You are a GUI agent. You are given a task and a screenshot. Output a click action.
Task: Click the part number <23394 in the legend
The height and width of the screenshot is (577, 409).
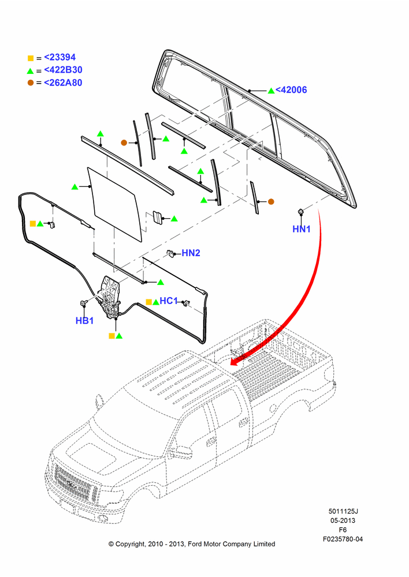pyautogui.click(x=60, y=57)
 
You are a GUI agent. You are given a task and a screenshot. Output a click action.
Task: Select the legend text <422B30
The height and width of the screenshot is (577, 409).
pyautogui.click(x=63, y=70)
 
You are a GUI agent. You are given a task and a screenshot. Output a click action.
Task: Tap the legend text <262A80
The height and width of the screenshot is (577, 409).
pyautogui.click(x=63, y=83)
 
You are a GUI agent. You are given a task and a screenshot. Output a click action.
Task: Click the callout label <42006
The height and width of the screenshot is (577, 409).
pyautogui.click(x=291, y=90)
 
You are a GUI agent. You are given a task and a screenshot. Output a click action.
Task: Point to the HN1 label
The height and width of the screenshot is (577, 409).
pyautogui.click(x=302, y=229)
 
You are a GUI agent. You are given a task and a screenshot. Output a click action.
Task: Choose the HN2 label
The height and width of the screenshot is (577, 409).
pyautogui.click(x=191, y=253)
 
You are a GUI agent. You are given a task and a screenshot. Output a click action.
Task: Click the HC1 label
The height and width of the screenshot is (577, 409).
pyautogui.click(x=169, y=301)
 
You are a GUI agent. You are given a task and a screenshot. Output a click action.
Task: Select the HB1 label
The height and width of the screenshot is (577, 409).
pyautogui.click(x=84, y=321)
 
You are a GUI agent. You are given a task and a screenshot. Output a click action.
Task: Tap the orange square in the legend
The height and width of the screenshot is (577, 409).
pyautogui.click(x=31, y=58)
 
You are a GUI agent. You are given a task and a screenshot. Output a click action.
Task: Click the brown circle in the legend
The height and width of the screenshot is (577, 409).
pyautogui.click(x=31, y=83)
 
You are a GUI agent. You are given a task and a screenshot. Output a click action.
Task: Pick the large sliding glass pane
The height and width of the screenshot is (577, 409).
pyautogui.click(x=115, y=204)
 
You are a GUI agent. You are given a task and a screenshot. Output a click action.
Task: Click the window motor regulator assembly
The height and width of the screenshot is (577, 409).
pyautogui.click(x=109, y=297)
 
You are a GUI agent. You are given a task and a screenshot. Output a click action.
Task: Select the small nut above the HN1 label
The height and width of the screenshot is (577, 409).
pyautogui.click(x=300, y=211)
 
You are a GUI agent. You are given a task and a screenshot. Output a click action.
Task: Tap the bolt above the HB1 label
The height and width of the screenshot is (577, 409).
pyautogui.click(x=83, y=304)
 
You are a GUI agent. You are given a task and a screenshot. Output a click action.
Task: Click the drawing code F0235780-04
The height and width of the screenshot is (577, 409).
pyautogui.click(x=343, y=539)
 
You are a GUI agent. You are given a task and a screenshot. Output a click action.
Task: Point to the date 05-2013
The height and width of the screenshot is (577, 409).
pyautogui.click(x=343, y=520)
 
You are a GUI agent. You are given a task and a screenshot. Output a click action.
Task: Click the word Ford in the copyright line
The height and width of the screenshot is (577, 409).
pyautogui.click(x=195, y=544)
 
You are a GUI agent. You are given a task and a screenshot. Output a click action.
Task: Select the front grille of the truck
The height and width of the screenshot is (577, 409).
pyautogui.click(x=75, y=482)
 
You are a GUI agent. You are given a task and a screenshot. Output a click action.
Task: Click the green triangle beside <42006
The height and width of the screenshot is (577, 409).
pyautogui.click(x=271, y=91)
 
